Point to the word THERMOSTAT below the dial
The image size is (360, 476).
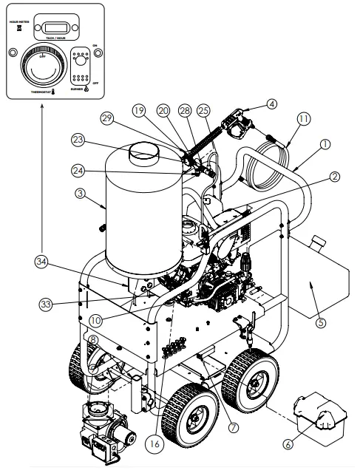click(40, 93)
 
